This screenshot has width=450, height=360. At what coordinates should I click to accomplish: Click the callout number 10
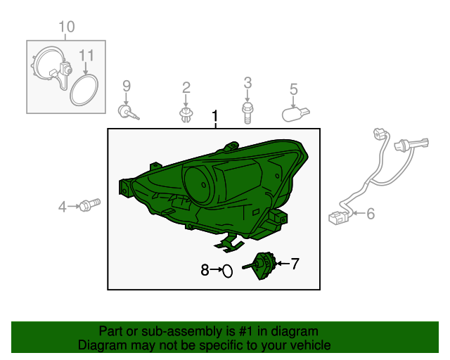pos(67,27)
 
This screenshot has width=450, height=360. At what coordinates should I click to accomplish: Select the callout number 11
pos(86,56)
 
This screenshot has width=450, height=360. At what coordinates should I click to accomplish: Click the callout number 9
pos(127,86)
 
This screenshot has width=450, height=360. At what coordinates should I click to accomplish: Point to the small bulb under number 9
pos(128,112)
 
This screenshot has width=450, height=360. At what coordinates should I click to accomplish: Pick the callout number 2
pos(186,88)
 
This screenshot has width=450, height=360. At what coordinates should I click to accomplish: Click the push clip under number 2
pos(186,115)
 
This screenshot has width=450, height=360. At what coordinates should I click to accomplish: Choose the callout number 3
pos(247,83)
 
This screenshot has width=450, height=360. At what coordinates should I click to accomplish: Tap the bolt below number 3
pos(247,113)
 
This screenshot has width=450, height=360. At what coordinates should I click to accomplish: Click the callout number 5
pos(294,89)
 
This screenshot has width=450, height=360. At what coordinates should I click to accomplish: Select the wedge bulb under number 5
pos(296,115)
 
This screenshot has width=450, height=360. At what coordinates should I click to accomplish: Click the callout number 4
pos(63,207)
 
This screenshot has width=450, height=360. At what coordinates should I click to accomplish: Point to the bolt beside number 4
pos(89,205)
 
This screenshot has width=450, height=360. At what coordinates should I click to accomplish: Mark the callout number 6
pos(371,214)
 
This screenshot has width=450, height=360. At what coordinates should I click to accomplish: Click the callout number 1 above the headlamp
pos(215,117)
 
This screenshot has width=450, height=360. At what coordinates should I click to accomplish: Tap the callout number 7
pos(295,264)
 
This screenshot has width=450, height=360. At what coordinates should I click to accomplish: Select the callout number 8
pos(205,270)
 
